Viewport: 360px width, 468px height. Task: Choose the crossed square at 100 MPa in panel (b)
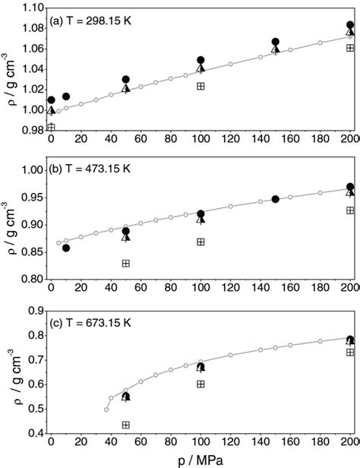tap(201, 242)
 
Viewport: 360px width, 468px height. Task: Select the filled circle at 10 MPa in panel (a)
tap(66, 96)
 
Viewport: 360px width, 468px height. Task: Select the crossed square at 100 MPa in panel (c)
tap(201, 384)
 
